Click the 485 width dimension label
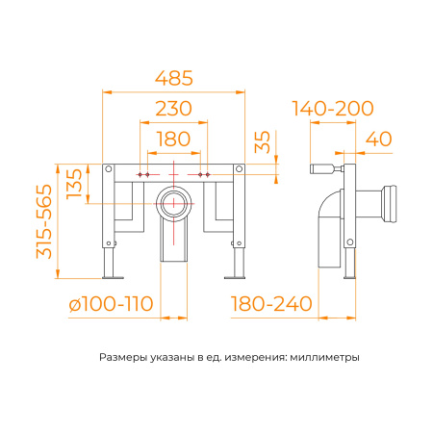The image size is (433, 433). point(174,78)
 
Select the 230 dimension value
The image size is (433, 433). point(174,109)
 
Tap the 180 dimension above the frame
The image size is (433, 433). point(174,139)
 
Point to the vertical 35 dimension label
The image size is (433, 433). point(263,142)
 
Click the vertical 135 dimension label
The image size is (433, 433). point(74,184)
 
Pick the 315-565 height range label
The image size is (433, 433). point(44,221)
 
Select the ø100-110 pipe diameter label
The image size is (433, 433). point(111,304)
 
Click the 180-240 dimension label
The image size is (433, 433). point(271,304)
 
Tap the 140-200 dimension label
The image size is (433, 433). point(333,109)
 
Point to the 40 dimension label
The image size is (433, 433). point(379,139)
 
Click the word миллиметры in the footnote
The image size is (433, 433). point(324,357)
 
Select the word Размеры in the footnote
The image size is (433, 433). point(123,357)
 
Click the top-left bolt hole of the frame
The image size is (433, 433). point(109,168)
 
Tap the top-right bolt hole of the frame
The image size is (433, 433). point(239,168)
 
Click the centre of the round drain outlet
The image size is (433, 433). point(173,203)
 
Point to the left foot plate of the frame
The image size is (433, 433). point(113,277)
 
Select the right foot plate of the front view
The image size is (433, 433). point(235,277)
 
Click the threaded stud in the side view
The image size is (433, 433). point(324,168)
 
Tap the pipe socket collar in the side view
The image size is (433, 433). point(389,204)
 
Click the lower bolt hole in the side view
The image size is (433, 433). point(350,242)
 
